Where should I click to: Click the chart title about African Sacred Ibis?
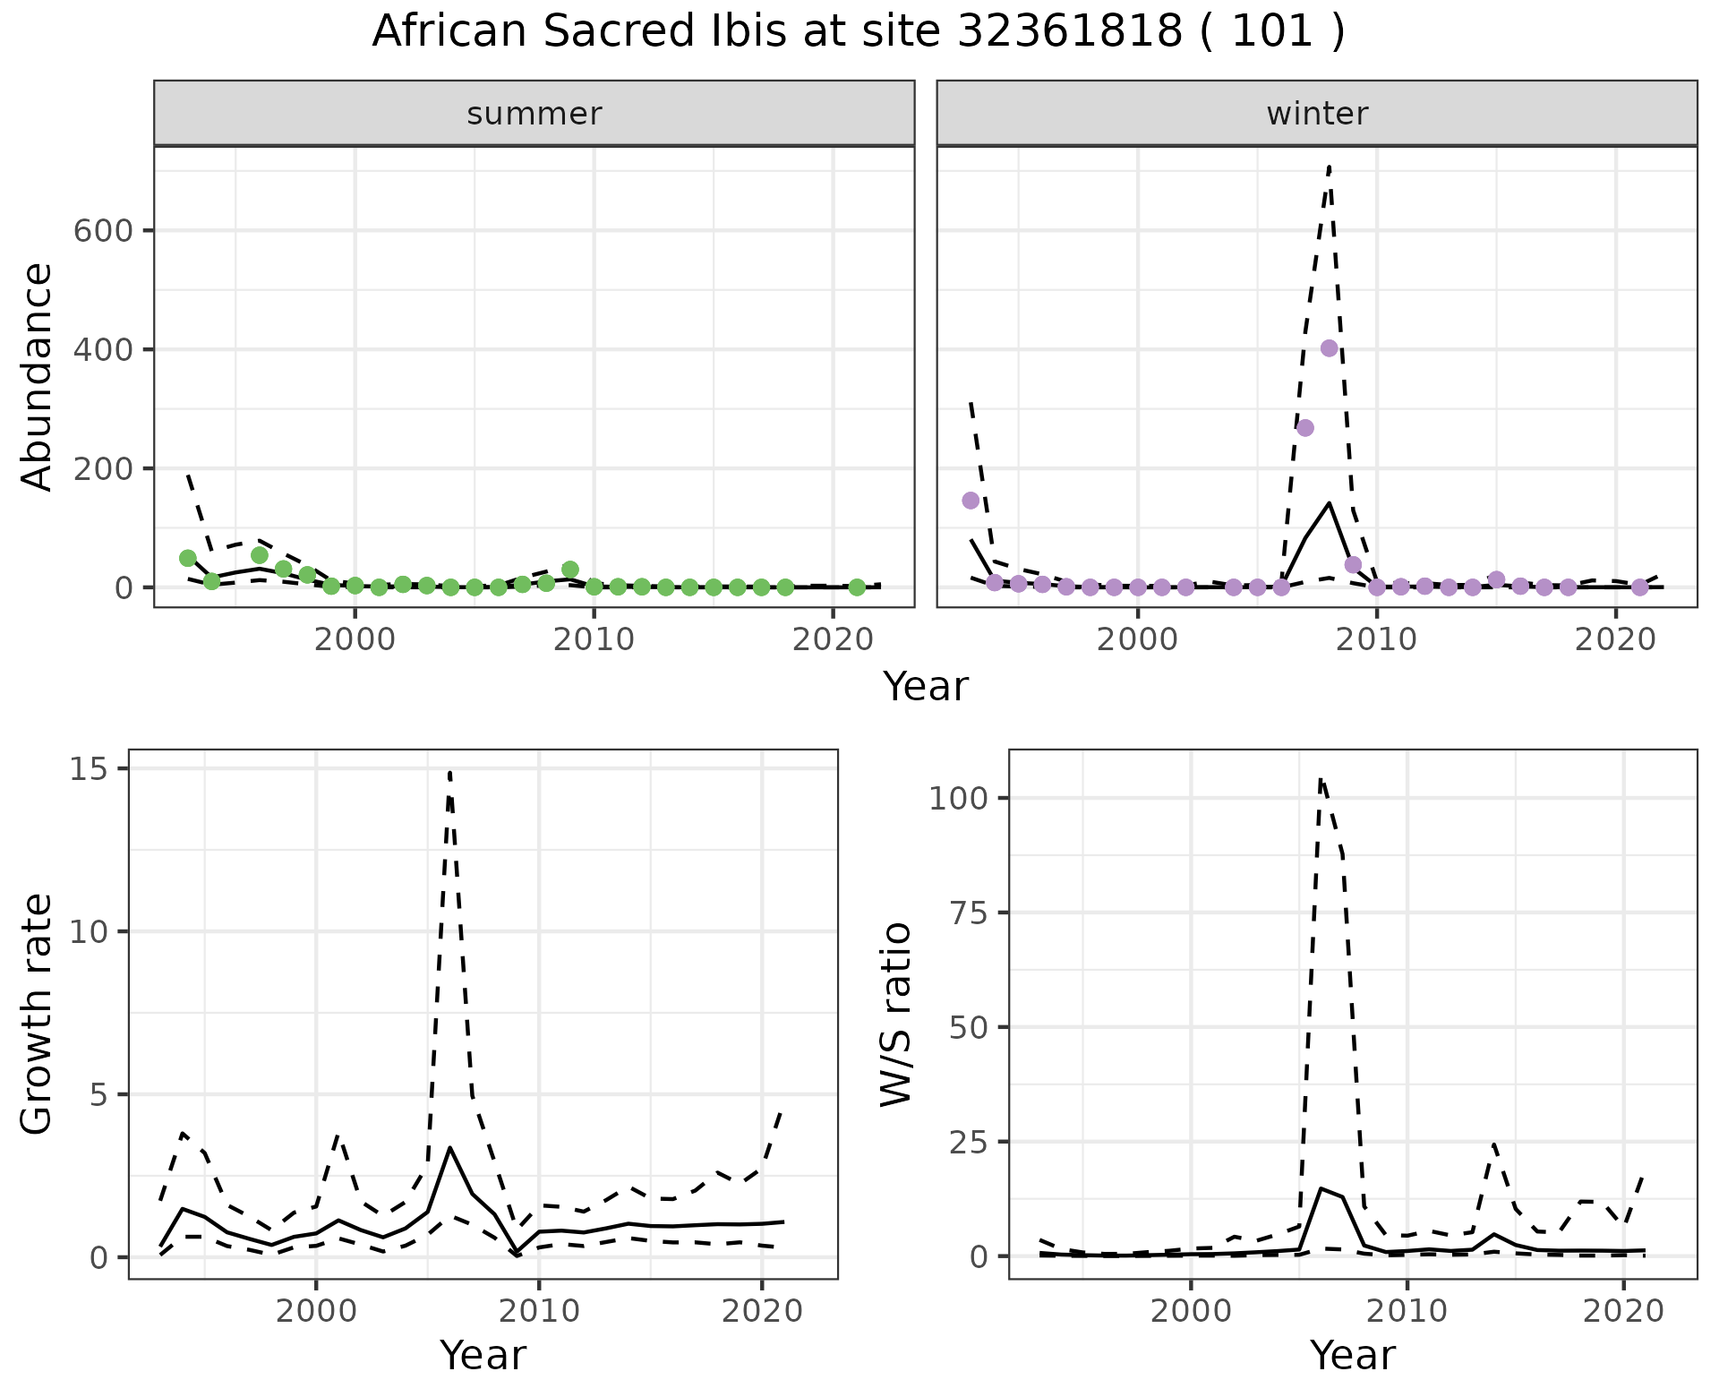point(858,32)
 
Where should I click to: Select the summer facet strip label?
point(534,114)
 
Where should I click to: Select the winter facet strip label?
point(1316,114)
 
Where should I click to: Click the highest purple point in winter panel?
point(1329,348)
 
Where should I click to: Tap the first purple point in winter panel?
point(971,500)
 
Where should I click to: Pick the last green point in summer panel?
point(857,587)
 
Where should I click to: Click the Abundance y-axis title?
point(38,376)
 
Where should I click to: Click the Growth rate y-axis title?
point(38,1014)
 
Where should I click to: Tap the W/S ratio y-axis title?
point(895,1014)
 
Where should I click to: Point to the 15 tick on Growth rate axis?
point(87,769)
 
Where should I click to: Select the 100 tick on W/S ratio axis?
point(958,798)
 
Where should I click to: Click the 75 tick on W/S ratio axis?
point(969,913)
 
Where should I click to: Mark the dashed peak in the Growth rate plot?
point(449,771)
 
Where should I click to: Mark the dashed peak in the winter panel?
point(1330,166)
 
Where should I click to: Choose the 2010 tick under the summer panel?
point(594,640)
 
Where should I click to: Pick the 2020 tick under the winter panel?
point(1616,640)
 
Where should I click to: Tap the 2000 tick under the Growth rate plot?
point(315,1312)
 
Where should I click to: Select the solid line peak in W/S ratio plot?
point(1321,1188)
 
